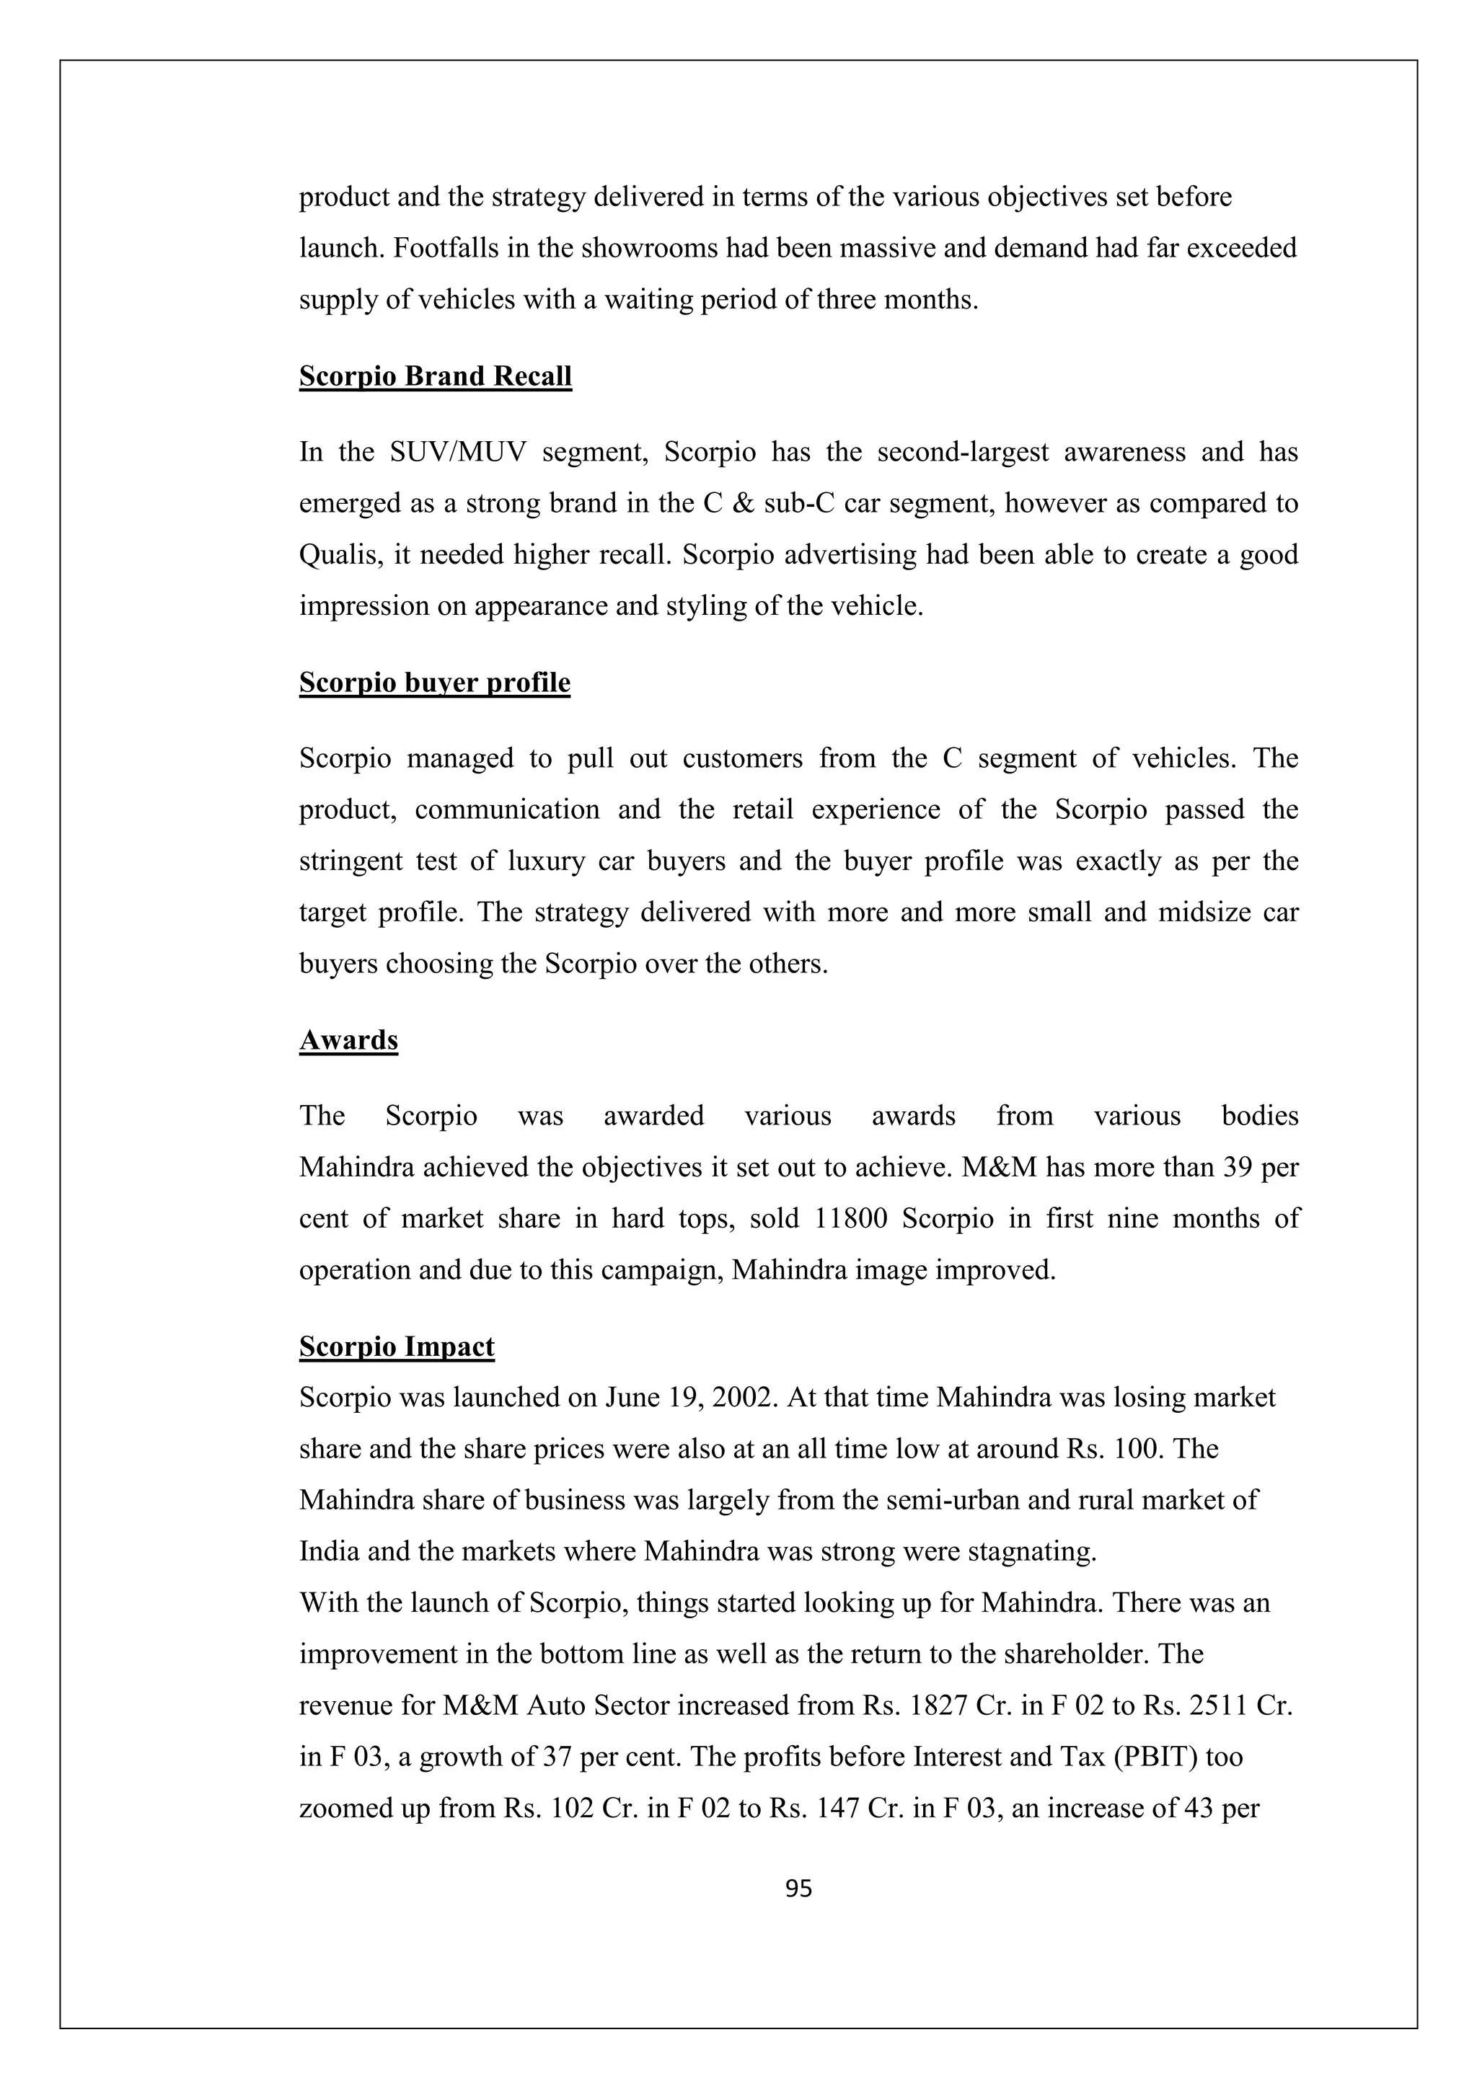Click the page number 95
[798, 1889]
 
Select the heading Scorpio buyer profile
[434, 683]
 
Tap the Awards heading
[348, 1040]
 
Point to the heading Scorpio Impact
[397, 1347]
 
